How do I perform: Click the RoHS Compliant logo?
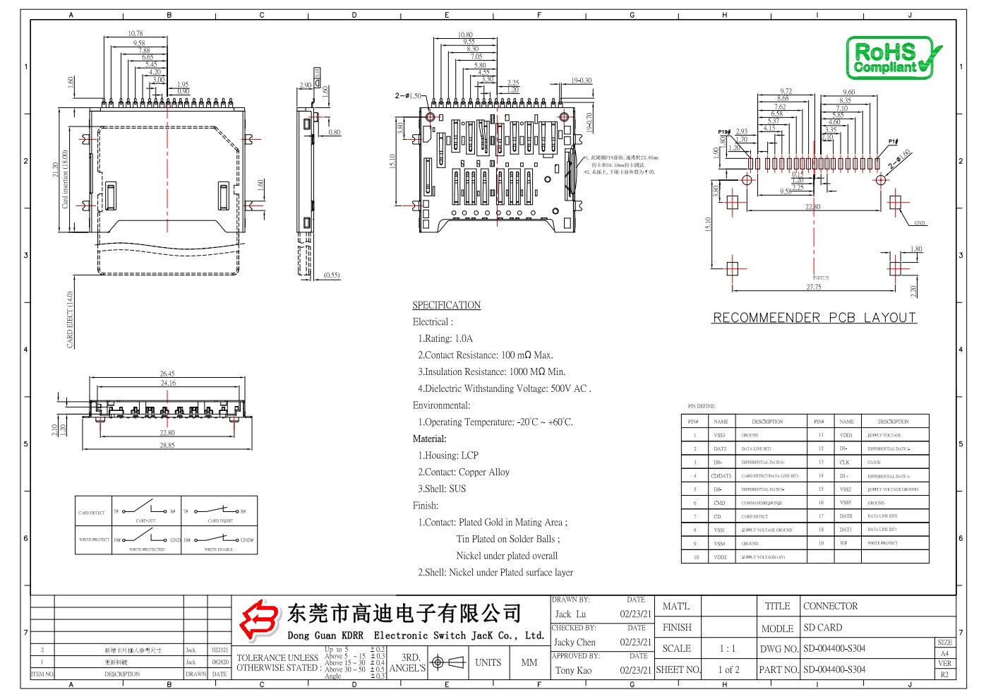coord(893,58)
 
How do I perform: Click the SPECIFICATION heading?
coord(446,305)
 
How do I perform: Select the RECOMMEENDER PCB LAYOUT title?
coord(814,318)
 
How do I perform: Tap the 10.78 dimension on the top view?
coord(136,33)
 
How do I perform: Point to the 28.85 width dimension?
coord(167,446)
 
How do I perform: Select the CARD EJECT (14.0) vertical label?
coord(70,319)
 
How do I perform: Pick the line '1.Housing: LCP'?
coord(447,455)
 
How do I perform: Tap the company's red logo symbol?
coord(258,619)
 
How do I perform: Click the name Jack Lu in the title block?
coord(570,614)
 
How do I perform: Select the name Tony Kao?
coord(573,670)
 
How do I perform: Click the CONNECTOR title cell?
coord(830,606)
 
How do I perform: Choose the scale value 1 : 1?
coord(727,648)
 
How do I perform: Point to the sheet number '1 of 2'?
coord(728,669)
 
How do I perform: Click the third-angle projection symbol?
coord(447,662)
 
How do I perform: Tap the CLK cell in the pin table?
coord(845,463)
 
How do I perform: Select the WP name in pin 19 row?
coord(843,543)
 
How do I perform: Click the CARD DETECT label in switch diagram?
coord(92,513)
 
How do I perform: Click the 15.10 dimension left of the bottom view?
coord(392,162)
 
